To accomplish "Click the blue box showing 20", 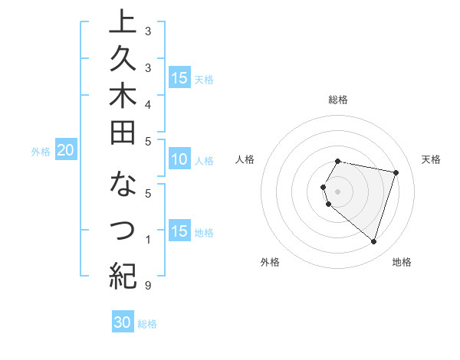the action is (x=66, y=151).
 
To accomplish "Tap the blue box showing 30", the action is (x=123, y=322).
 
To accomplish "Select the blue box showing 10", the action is (x=179, y=160).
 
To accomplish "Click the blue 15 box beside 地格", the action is (x=179, y=232).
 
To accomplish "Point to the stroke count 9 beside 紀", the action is (x=147, y=286).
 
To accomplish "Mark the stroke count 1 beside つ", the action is (x=147, y=240).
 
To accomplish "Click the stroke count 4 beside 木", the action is (x=147, y=104).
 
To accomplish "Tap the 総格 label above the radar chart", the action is (x=338, y=100).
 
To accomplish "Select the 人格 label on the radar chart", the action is (x=245, y=159).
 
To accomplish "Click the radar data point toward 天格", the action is (x=396, y=173).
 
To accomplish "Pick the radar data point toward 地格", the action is (x=373, y=242).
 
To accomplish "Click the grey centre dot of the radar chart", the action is (x=338, y=191).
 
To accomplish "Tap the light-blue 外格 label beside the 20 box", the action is (x=41, y=152).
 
